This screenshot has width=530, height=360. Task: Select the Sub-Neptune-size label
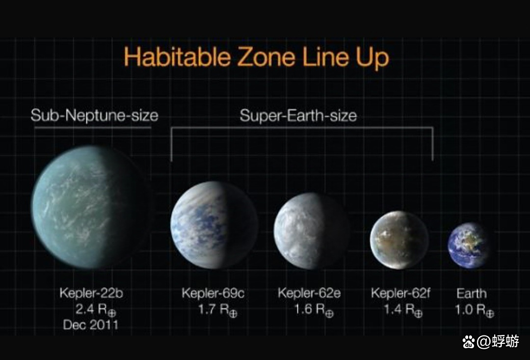(x=94, y=116)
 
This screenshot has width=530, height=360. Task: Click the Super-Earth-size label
(x=298, y=116)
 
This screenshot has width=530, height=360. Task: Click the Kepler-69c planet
(x=214, y=225)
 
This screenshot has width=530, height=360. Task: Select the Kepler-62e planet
(x=311, y=231)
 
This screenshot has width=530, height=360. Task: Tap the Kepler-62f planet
(x=399, y=240)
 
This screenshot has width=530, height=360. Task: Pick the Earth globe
(x=470, y=245)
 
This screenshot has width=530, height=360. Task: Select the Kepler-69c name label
(x=213, y=294)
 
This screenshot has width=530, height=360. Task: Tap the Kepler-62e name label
(x=309, y=294)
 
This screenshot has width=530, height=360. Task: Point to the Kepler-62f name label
(x=401, y=294)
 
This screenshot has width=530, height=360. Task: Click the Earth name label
(x=472, y=294)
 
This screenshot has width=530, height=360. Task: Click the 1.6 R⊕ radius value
(x=313, y=310)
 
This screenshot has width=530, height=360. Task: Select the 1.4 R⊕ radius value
(x=402, y=310)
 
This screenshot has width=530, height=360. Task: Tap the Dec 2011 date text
(x=91, y=325)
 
